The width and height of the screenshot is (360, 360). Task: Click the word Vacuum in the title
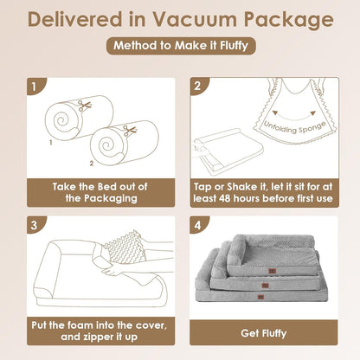tap(194, 19)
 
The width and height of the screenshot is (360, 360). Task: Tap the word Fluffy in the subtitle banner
tap(234, 46)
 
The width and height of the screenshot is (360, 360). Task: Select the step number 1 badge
tap(35, 87)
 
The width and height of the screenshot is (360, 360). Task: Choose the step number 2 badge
tap(197, 86)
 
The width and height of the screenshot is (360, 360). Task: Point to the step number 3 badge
tap(35, 225)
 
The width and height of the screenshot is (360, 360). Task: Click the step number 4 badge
tap(198, 225)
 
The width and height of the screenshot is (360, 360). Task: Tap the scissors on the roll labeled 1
tap(84, 106)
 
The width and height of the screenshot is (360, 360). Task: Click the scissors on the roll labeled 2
tap(130, 131)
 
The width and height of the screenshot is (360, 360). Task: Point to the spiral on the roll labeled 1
tap(61, 120)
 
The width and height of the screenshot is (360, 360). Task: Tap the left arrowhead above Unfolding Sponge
tap(275, 112)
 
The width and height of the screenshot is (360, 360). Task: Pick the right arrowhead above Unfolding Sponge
tap(313, 113)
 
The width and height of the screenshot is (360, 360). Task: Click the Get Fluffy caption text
tap(264, 333)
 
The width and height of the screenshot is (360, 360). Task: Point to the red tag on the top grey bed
tap(272, 271)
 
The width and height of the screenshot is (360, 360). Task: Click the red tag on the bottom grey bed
tap(260, 297)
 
